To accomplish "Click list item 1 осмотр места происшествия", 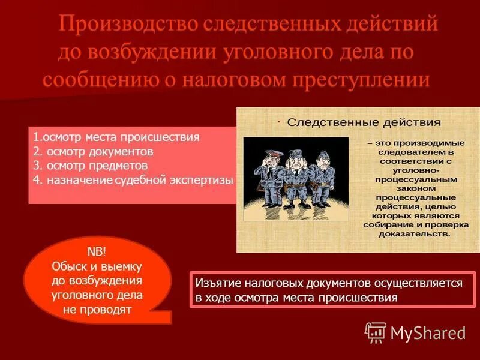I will pyautogui.click(x=116, y=137).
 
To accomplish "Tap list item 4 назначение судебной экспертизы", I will pyautogui.click(x=133, y=179).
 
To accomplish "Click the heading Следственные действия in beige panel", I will pyautogui.click(x=364, y=122).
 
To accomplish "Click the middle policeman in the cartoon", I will pyautogui.click(x=295, y=174).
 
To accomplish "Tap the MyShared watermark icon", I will pyautogui.click(x=376, y=332).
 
